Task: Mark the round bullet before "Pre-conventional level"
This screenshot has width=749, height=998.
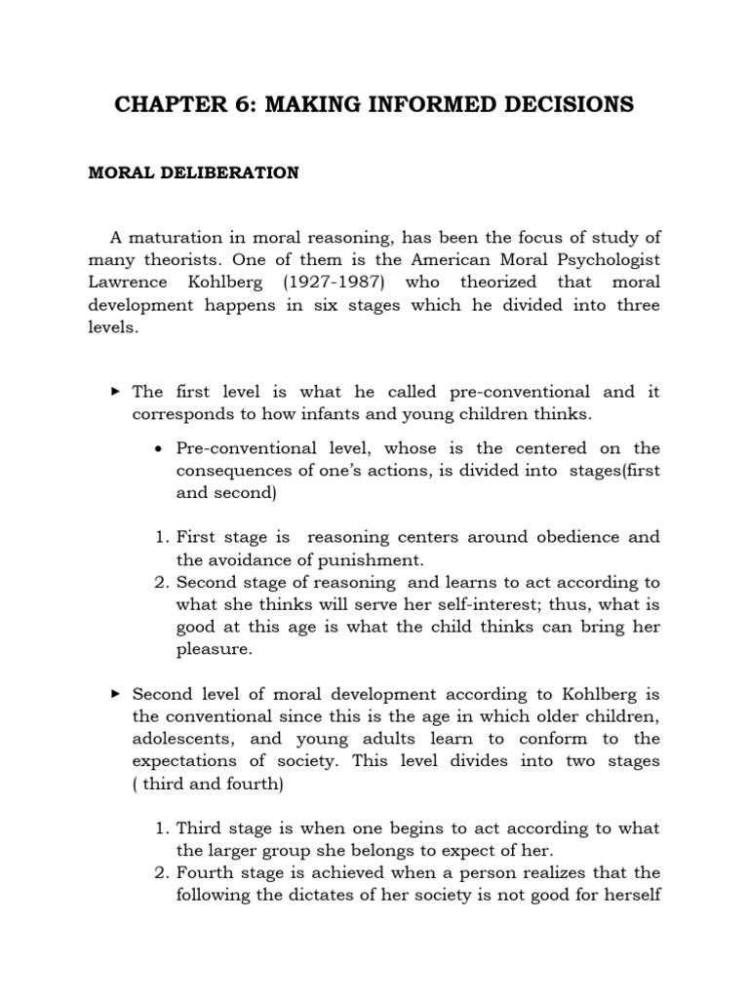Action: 158,449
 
